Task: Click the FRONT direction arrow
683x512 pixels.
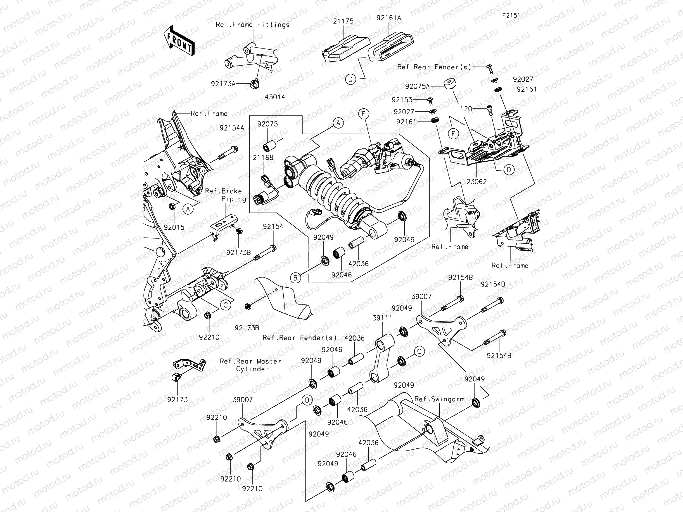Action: [179, 41]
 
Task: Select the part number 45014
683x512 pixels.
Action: [275, 97]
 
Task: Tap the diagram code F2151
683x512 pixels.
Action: [511, 15]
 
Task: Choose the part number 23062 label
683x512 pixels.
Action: [476, 182]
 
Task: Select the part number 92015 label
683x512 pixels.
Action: [174, 227]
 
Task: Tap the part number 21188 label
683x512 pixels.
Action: [263, 157]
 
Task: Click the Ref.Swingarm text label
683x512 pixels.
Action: [439, 399]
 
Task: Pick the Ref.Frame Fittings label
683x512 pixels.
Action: [252, 24]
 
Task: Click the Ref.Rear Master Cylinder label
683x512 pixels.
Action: [251, 365]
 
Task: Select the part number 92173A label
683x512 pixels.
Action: [223, 84]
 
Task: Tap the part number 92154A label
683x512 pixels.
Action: [232, 128]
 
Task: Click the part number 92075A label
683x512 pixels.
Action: [417, 86]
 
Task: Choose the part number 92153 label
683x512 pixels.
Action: [402, 100]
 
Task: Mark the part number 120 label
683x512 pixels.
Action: [466, 108]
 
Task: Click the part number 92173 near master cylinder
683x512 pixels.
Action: [178, 400]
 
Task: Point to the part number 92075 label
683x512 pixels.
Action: [268, 125]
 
